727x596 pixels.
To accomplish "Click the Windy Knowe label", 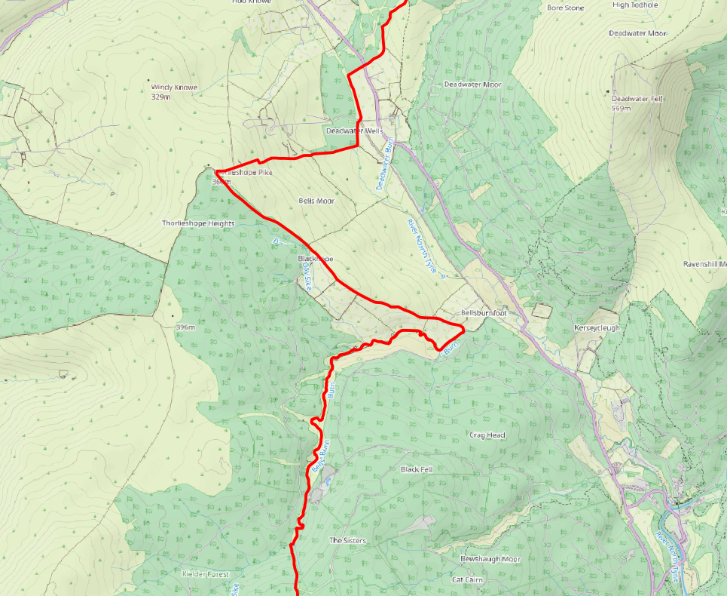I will [174, 88].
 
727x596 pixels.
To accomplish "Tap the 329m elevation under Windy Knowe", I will [162, 97].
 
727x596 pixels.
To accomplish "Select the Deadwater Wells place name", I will [350, 131].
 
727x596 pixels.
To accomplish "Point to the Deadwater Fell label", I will [637, 99].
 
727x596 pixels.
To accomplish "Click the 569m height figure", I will [622, 109].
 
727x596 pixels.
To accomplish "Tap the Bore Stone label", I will [565, 8].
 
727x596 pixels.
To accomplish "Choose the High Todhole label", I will [636, 5].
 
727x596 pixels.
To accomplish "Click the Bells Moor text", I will [316, 201].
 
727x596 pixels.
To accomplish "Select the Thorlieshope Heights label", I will [198, 223].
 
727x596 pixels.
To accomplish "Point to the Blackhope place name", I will [315, 259].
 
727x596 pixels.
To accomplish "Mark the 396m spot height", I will [185, 327].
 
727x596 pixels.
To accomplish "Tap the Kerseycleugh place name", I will [597, 328].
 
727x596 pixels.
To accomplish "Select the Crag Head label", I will [487, 435].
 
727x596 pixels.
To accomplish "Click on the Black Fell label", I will [417, 469].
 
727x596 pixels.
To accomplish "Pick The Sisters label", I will [347, 541].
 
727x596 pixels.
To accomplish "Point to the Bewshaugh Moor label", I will [490, 559].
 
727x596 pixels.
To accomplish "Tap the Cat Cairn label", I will [467, 579].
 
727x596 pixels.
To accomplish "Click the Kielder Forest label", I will [205, 574].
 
